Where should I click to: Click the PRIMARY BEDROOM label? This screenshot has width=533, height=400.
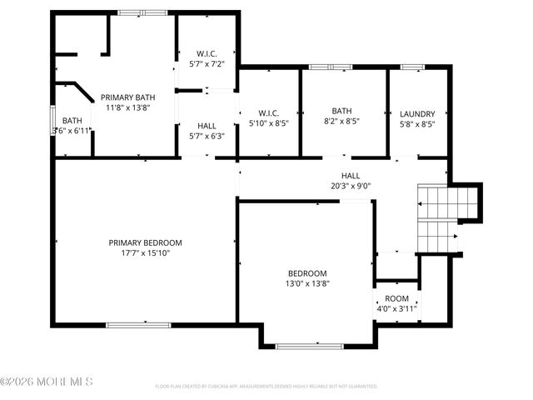[145, 242]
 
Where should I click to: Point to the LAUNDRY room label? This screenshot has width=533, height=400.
[417, 114]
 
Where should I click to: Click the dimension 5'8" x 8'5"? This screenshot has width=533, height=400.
[417, 124]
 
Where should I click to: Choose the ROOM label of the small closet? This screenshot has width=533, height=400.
[396, 298]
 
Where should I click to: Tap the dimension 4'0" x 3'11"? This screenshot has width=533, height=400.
[396, 308]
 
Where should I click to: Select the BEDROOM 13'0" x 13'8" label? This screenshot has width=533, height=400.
[307, 273]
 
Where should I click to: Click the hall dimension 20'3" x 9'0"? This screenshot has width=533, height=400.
[351, 186]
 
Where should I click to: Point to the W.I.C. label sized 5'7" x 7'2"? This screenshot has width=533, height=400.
[207, 53]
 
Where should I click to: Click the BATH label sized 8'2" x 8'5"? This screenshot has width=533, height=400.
[342, 111]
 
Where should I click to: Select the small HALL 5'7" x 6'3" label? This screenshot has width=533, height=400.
[207, 126]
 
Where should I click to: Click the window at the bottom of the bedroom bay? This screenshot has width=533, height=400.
[308, 346]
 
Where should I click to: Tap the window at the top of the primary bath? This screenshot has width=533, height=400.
[142, 12]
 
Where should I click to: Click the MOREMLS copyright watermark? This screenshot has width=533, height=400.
[47, 382]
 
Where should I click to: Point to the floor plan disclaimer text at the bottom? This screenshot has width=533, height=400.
[266, 387]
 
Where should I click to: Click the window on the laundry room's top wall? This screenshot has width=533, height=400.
[412, 67]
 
